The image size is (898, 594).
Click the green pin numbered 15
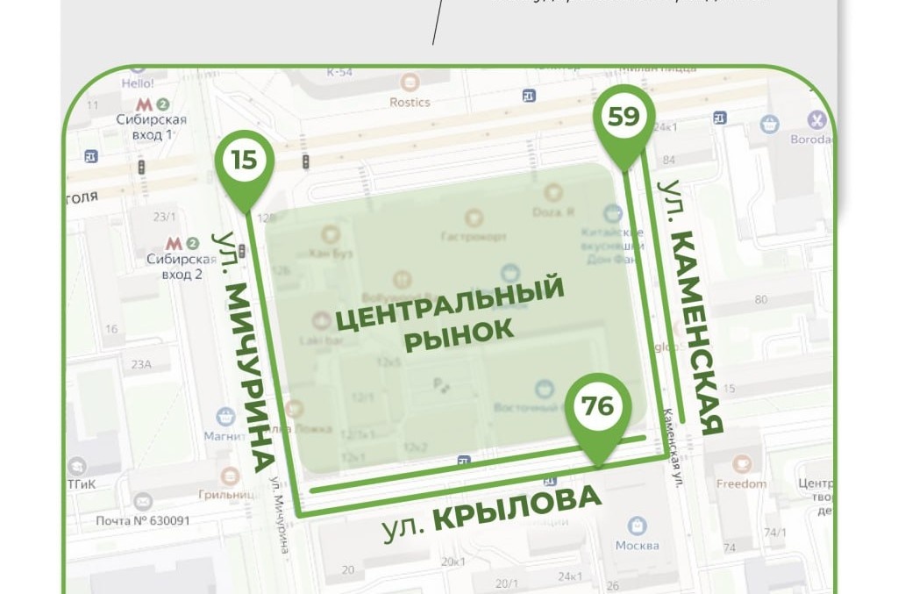(245, 161)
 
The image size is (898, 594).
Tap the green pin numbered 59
(624, 117)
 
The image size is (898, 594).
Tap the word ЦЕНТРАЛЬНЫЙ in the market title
(449, 303)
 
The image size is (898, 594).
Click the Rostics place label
(410, 103)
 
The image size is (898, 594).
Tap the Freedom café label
(741, 483)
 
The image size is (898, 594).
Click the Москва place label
(637, 546)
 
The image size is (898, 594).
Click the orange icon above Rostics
(410, 82)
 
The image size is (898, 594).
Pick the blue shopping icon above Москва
(638, 526)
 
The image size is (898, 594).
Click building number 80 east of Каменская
(761, 299)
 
